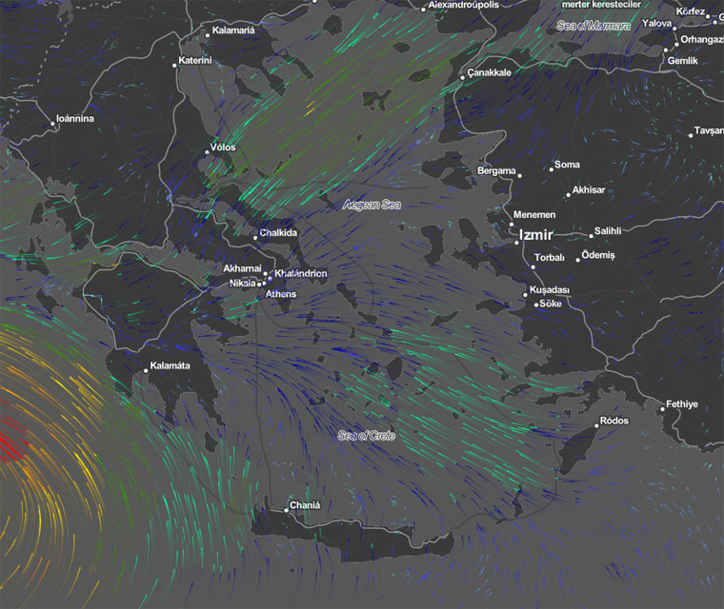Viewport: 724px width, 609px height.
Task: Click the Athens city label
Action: tap(281, 294)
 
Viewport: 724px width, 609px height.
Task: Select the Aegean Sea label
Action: tap(372, 205)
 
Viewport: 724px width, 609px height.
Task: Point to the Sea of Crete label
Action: tap(366, 436)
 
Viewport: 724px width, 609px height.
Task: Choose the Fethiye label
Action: tap(681, 404)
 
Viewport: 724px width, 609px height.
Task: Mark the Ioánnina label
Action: tap(75, 119)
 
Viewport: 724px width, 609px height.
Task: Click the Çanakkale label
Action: tap(489, 72)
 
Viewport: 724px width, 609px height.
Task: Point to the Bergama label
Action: tap(495, 170)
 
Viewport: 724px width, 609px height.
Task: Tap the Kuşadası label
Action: tap(549, 289)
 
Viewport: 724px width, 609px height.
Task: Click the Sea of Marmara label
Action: tap(593, 26)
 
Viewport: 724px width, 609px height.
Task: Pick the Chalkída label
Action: tap(278, 233)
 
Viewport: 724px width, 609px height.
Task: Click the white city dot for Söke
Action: tap(536, 304)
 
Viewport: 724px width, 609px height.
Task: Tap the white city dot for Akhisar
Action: tap(569, 194)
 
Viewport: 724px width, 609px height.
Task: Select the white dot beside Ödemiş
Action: tap(578, 259)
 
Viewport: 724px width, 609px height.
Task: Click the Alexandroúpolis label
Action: tap(463, 6)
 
